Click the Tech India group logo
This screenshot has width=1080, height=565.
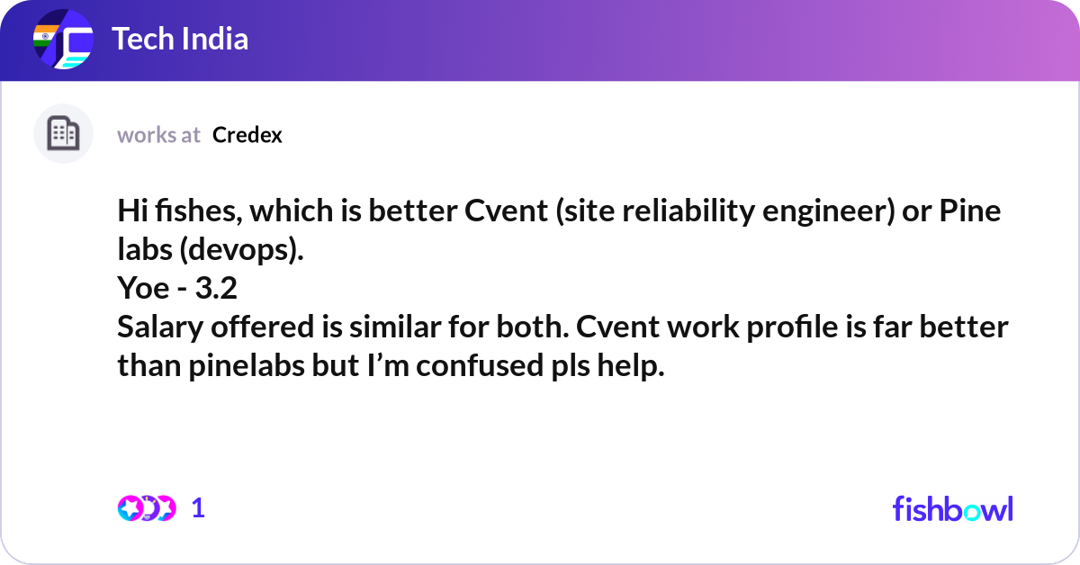click(x=63, y=39)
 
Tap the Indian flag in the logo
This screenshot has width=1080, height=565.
click(x=45, y=36)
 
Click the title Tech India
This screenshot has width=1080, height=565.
click(x=180, y=39)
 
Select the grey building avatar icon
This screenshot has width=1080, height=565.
click(x=63, y=133)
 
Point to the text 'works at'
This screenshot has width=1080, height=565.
click(x=158, y=135)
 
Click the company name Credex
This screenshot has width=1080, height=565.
click(x=247, y=135)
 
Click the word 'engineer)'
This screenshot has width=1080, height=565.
click(x=828, y=212)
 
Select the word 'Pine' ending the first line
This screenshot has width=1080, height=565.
click(x=969, y=211)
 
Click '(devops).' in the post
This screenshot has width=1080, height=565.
click(x=241, y=251)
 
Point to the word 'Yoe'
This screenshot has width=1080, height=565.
click(x=143, y=288)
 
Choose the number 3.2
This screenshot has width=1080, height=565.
click(x=216, y=288)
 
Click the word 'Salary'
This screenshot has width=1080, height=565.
click(x=160, y=327)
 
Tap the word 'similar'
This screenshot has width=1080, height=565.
click(x=395, y=327)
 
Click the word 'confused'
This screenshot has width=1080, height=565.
click(x=480, y=365)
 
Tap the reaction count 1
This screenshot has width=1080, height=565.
click(x=198, y=508)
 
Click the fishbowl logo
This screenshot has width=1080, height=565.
click(x=953, y=508)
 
